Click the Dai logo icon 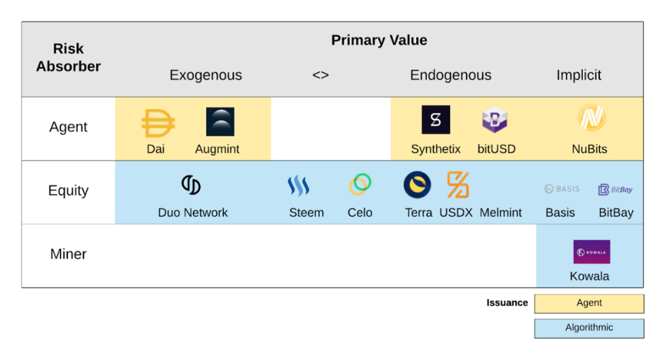[x=158, y=123]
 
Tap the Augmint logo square [x=220, y=122]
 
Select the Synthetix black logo [x=436, y=120]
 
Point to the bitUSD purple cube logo [x=495, y=119]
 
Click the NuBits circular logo [x=591, y=118]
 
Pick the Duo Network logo [x=191, y=185]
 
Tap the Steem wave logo [x=298, y=186]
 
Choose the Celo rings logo [x=360, y=184]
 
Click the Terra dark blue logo [x=417, y=185]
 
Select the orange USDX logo [x=458, y=185]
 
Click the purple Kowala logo [x=591, y=252]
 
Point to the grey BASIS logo [x=562, y=189]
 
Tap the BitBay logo [x=615, y=189]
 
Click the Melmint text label [x=501, y=212]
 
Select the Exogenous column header [x=205, y=75]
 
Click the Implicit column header [x=579, y=75]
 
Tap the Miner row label [x=68, y=254]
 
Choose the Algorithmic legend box [x=589, y=328]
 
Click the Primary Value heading [x=379, y=40]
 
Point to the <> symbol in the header [x=321, y=75]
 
